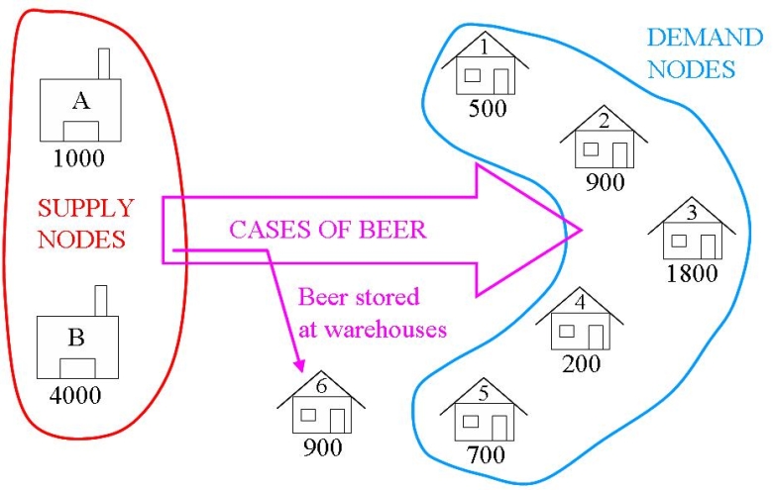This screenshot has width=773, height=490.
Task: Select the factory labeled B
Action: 76,346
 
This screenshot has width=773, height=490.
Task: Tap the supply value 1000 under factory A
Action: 78,157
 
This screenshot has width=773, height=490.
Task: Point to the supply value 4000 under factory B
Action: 76,394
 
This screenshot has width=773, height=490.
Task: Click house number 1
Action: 486,69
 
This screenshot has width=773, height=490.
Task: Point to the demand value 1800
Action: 692,273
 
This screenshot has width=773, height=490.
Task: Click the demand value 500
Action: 487,108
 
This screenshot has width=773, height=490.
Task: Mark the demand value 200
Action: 582,363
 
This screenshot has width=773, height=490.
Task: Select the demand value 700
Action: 485,455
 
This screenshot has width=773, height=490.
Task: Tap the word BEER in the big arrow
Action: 393,230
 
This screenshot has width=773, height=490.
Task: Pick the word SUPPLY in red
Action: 85,208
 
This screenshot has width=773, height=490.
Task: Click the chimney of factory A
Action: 104,62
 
